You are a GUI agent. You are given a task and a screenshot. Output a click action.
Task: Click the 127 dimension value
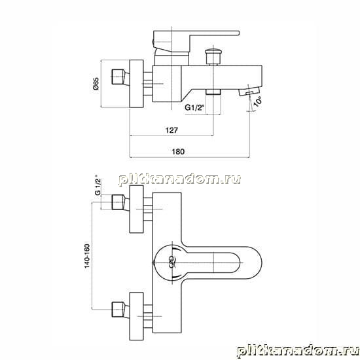coord(171,130)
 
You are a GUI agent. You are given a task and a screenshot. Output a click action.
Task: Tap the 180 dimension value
coord(178,152)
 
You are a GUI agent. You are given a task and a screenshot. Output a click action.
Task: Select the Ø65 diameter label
coord(96,84)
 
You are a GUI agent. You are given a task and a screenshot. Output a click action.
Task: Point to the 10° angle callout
coord(258,101)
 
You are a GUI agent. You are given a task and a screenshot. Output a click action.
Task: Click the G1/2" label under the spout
coord(194,107)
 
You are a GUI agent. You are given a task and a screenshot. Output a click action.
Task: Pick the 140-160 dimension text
coord(87,256)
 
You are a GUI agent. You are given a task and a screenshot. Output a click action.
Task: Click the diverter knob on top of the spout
coord(213,56)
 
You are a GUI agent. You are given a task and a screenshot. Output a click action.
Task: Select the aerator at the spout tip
coord(249,91)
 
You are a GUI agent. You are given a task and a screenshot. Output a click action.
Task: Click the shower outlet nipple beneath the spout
coord(213,92)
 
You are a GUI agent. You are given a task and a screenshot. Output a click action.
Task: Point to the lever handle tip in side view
coord(238,33)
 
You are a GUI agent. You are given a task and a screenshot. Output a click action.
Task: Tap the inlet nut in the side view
coord(120,77)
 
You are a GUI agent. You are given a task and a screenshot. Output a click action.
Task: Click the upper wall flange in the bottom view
coord(137,209)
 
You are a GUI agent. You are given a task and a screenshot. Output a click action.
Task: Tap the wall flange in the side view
coord(137,84)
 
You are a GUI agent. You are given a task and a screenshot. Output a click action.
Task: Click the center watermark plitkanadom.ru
coord(180,179)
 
